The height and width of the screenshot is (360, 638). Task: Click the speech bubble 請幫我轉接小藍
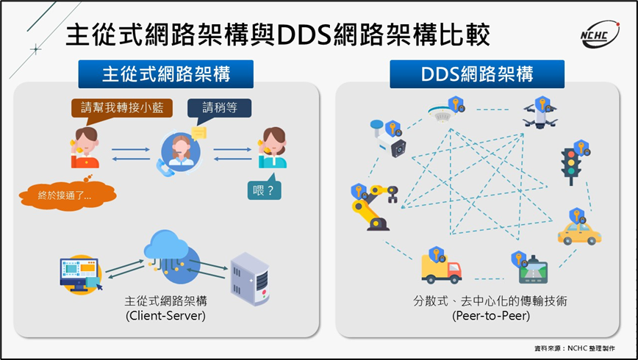[123, 108]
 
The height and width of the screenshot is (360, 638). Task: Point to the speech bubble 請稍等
[219, 109]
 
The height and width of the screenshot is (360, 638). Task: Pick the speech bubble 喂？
[265, 189]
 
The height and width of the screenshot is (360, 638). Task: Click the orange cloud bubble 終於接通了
[66, 195]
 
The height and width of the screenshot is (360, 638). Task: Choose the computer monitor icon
[79, 273]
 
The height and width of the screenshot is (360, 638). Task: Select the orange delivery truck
[440, 268]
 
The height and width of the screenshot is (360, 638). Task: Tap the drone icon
[540, 115]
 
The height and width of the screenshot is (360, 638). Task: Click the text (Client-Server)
[165, 316]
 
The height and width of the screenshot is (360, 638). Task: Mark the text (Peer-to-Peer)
[482, 316]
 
